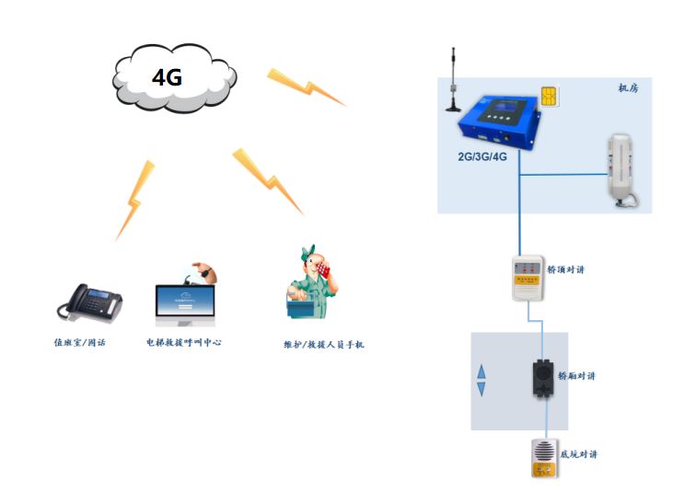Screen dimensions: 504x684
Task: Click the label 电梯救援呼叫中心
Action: pos(184,341)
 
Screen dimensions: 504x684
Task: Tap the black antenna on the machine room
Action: pos(454,78)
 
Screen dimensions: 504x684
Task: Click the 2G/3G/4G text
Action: pos(482,156)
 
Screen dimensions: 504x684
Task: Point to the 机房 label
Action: pos(628,88)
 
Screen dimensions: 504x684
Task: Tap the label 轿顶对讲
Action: pos(566,269)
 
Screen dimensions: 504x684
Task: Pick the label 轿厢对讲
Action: pos(578,376)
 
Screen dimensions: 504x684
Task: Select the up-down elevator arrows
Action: pos(481,381)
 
